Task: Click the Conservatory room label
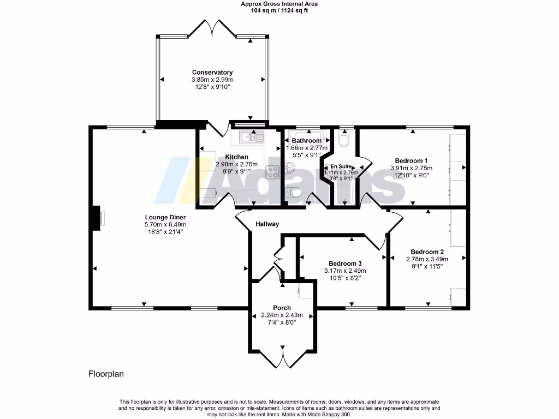[x=212, y=73]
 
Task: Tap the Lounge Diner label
[x=165, y=217]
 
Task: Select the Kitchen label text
[x=237, y=157]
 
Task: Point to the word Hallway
[x=267, y=224]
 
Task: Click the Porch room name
[x=282, y=308]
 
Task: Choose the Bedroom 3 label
[x=345, y=264]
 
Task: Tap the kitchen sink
[x=252, y=137]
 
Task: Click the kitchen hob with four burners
[x=272, y=172]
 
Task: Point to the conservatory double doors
[x=212, y=28]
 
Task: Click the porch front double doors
[x=283, y=359]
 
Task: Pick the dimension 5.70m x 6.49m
[x=165, y=225]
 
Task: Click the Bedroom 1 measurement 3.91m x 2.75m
[x=412, y=168]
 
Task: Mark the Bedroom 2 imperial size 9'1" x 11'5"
[x=427, y=266]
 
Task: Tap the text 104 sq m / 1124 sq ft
[x=279, y=11]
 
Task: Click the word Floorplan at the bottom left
[x=106, y=374]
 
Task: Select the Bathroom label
[x=307, y=141]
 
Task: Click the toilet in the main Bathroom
[x=294, y=193]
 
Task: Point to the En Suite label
[x=341, y=166]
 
